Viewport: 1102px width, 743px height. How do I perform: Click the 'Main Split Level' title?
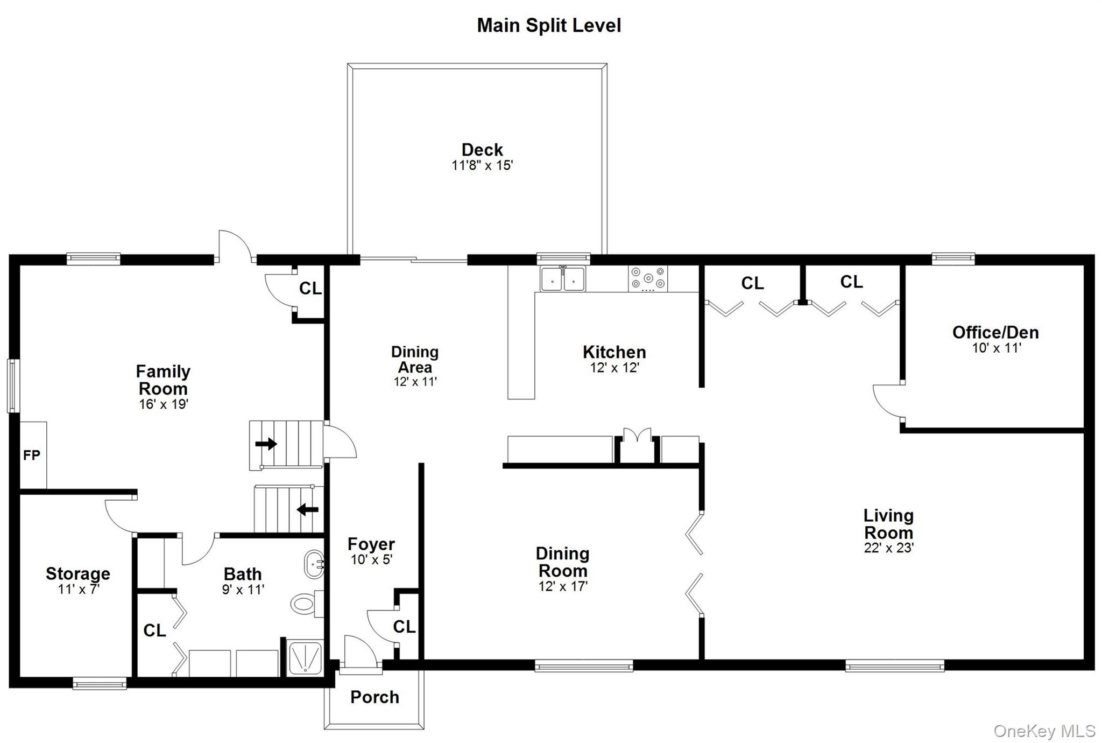[x=549, y=26]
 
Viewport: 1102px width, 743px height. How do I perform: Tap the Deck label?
[x=482, y=150]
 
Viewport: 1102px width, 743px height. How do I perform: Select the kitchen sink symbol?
[x=563, y=279]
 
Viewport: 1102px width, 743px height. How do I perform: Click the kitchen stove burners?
[x=648, y=278]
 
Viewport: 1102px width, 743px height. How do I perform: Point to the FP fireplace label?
[x=32, y=455]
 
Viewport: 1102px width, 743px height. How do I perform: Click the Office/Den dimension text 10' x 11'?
[x=997, y=348]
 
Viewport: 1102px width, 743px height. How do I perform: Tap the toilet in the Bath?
[x=307, y=604]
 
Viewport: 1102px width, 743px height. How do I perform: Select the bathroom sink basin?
[x=314, y=564]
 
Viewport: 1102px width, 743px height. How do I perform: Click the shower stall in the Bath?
[x=304, y=657]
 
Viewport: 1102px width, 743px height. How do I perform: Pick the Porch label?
[x=375, y=697]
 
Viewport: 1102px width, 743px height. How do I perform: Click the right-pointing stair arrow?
[x=266, y=444]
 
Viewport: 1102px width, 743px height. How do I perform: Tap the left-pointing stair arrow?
[x=308, y=509]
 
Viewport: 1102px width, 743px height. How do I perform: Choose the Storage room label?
[x=78, y=574]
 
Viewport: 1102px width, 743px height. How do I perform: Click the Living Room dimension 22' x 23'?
[x=889, y=548]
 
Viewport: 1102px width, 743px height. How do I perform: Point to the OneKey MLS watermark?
[x=1044, y=731]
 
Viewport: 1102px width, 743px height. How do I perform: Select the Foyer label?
[x=371, y=544]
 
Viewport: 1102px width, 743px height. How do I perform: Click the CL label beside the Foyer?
[x=404, y=627]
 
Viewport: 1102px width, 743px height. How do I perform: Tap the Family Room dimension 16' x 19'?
[x=164, y=404]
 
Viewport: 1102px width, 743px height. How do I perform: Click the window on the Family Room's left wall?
[x=13, y=386]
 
